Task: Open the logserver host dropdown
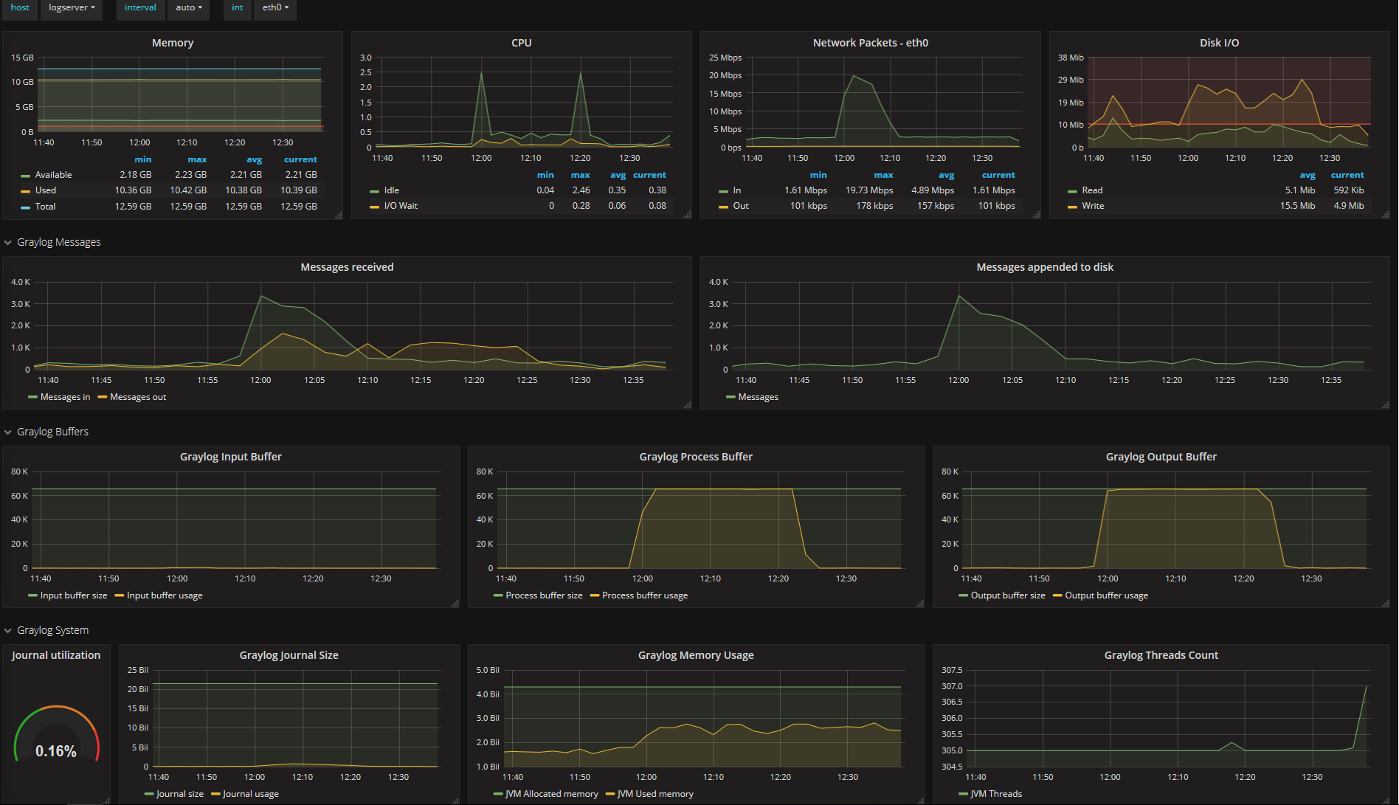click(72, 8)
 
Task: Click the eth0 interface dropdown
click(275, 8)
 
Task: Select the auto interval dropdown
click(189, 8)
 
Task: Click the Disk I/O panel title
click(1219, 43)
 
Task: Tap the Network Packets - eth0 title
click(870, 43)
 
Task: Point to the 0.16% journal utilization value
click(56, 751)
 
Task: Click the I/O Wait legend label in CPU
click(400, 206)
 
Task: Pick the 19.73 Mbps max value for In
click(868, 190)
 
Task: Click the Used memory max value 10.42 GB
click(188, 190)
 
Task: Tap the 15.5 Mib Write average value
click(1297, 206)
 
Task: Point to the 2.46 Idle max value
click(581, 190)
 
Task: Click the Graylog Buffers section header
click(52, 432)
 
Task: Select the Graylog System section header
click(52, 630)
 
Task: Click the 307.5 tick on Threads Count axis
click(952, 670)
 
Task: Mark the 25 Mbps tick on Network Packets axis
click(725, 58)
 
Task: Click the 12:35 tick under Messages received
click(633, 380)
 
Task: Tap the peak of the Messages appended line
click(958, 296)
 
